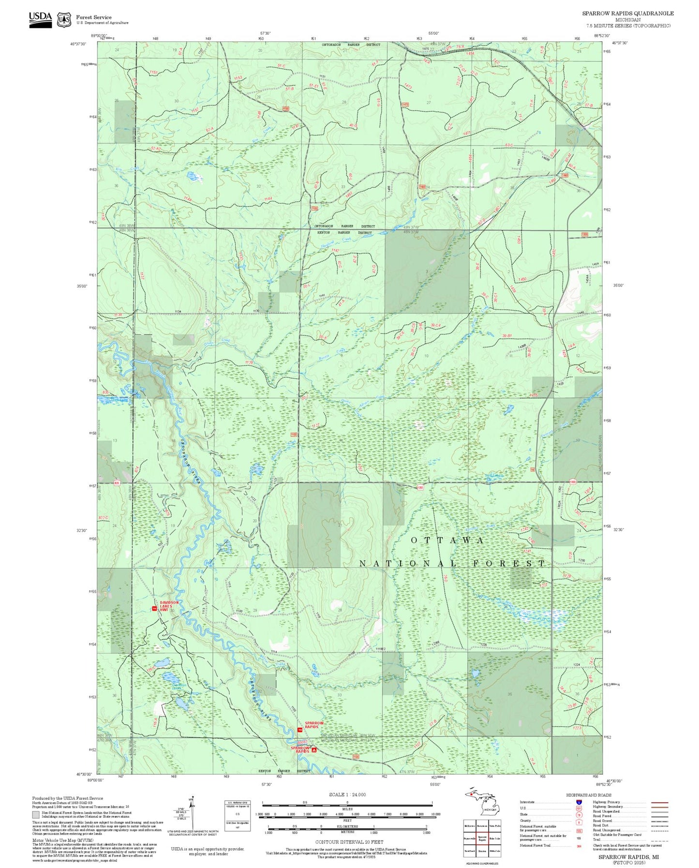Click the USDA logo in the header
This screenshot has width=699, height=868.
pyautogui.click(x=40, y=19)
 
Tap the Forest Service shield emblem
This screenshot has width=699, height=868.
pyautogui.click(x=64, y=20)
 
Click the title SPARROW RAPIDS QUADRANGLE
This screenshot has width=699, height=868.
pyautogui.click(x=627, y=13)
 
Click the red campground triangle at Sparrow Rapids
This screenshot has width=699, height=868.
pyautogui.click(x=314, y=750)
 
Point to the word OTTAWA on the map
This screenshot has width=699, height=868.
pyautogui.click(x=447, y=540)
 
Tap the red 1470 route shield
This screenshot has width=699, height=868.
pyautogui.click(x=405, y=104)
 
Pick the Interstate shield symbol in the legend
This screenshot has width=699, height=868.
pyautogui.click(x=578, y=802)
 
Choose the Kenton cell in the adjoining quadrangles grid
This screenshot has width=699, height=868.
pyautogui.click(x=481, y=851)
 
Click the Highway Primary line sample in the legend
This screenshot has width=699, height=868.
pyautogui.click(x=659, y=802)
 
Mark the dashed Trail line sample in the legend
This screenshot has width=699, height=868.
pyautogui.click(x=659, y=841)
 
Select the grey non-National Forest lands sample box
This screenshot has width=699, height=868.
pyautogui.click(x=36, y=815)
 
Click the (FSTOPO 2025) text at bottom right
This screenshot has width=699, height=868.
pyautogui.click(x=628, y=863)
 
